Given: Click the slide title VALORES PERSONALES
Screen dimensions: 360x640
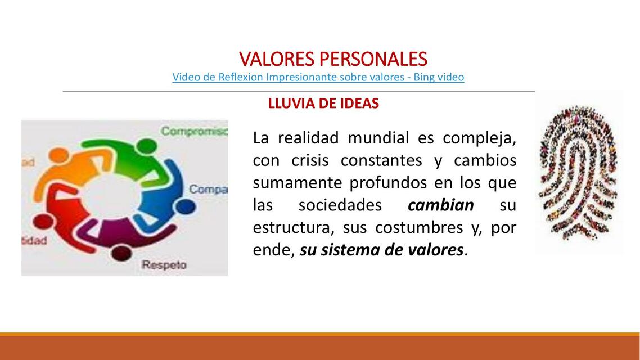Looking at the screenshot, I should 333,58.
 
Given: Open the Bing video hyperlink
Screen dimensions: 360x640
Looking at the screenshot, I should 318,77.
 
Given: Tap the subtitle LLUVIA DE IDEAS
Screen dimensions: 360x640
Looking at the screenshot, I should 323,103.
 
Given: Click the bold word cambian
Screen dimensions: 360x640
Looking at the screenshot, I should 440,205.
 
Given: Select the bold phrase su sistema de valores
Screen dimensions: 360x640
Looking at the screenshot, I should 382,250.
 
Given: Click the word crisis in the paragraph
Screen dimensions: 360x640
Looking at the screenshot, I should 310,160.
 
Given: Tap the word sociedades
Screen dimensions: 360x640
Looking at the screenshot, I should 340,205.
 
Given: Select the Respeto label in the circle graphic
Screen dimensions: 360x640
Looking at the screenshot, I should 164,264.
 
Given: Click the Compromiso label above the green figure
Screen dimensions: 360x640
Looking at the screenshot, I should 194,131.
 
